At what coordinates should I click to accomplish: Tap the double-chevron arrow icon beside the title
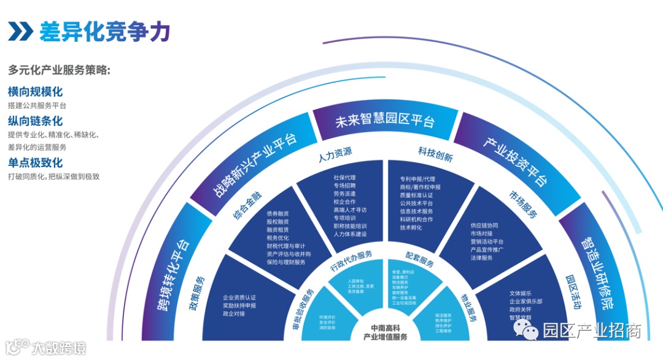(x=21, y=31)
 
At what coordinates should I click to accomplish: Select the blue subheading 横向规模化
(x=35, y=92)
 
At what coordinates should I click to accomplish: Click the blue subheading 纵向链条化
(x=35, y=121)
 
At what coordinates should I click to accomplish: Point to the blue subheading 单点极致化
(x=35, y=163)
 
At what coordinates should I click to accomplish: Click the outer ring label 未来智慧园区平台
(x=385, y=121)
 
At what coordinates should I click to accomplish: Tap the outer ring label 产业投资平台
(x=514, y=162)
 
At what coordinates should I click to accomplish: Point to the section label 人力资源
(x=335, y=152)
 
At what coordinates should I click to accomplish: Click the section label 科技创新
(x=435, y=154)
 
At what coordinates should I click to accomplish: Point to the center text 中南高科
(x=385, y=327)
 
